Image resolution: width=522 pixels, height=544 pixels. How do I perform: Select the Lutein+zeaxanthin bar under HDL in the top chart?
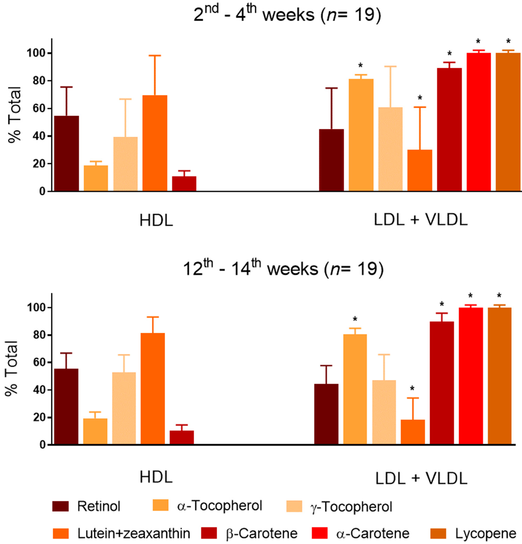point(155,143)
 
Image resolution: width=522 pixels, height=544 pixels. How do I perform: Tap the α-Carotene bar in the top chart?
point(479,122)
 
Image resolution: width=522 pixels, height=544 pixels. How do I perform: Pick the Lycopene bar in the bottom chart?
point(499,376)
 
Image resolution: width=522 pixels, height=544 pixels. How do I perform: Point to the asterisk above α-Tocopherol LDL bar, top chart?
point(360,66)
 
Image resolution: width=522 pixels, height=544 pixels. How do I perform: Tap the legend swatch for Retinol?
point(60,506)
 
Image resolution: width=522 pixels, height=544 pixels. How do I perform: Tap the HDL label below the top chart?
point(156,221)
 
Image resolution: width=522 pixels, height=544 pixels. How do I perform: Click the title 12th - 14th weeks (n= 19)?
point(283,269)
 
